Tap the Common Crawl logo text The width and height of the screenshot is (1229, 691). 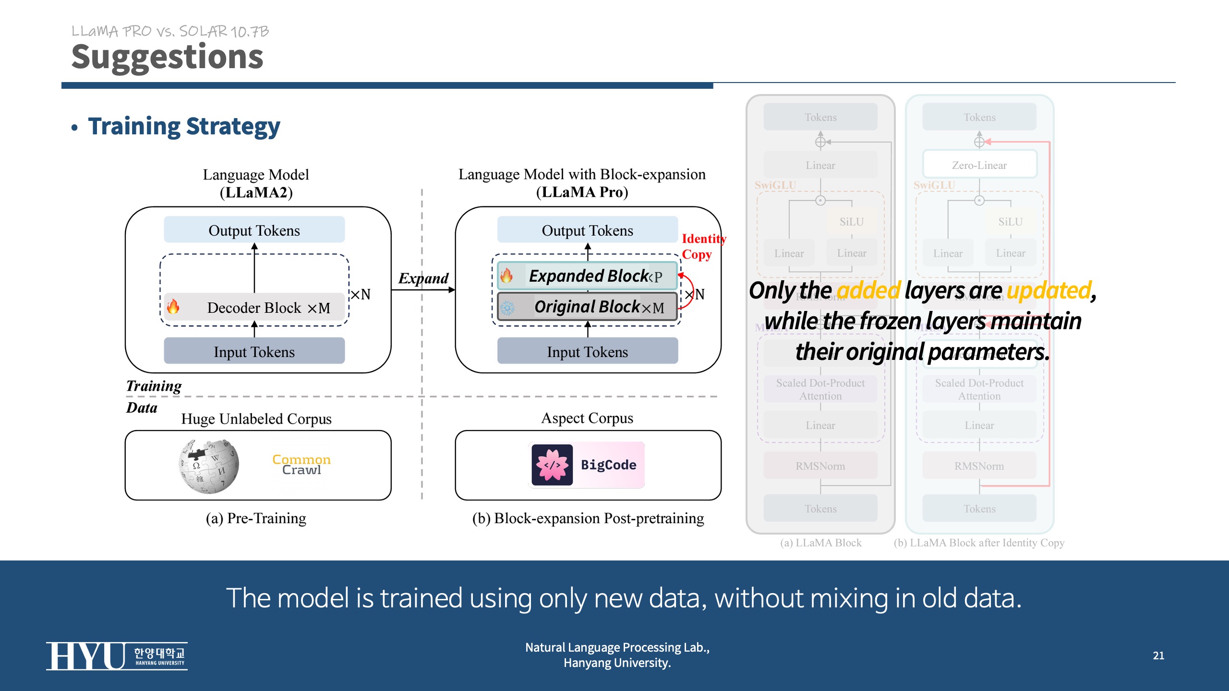(x=301, y=465)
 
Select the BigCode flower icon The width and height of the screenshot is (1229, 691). (x=552, y=465)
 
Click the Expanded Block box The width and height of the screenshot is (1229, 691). (x=587, y=276)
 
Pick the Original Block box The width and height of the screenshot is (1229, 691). (x=587, y=307)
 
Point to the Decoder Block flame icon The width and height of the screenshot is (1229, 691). (x=173, y=307)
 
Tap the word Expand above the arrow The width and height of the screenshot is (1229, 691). (x=423, y=278)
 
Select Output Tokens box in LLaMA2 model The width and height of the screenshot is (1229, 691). (x=254, y=230)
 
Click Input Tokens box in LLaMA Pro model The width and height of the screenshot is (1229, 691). (x=587, y=352)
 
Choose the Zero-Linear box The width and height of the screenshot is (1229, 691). (x=979, y=165)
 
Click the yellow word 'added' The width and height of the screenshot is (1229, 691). (x=868, y=291)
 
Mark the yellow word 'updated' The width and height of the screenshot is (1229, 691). (x=1049, y=291)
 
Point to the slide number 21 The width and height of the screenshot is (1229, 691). (x=1158, y=655)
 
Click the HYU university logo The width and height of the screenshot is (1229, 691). (x=117, y=656)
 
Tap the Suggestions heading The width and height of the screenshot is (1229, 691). (x=167, y=57)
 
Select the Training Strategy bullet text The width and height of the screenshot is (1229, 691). (x=184, y=127)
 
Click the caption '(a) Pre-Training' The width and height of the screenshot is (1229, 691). (x=256, y=518)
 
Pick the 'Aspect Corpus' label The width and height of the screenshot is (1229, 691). (x=587, y=418)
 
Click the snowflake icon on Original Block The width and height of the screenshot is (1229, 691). (x=507, y=308)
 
